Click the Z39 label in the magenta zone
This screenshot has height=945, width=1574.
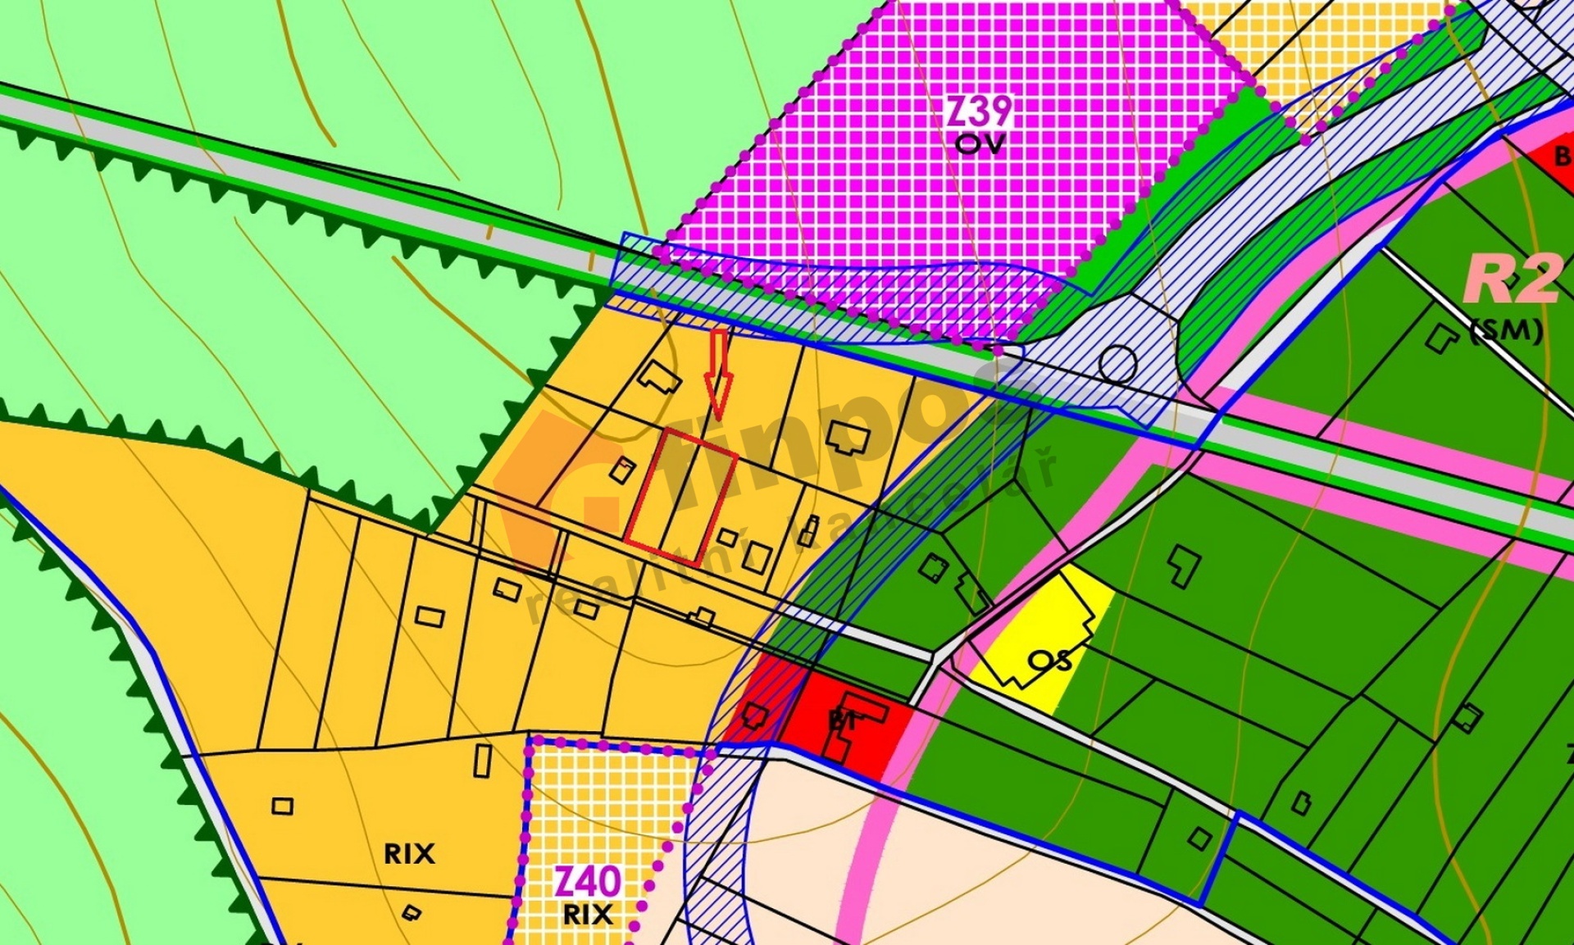coord(980,111)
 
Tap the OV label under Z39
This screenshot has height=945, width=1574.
coord(980,144)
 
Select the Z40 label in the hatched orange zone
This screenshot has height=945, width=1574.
coord(587,883)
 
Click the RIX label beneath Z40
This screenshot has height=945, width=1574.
coord(588,915)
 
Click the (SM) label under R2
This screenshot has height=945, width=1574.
coord(1507,330)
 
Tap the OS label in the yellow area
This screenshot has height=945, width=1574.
coord(1050,660)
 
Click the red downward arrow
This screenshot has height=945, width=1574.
coord(719,373)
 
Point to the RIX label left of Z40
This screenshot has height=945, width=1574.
coord(409,854)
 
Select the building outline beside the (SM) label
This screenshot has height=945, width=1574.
coord(1440,338)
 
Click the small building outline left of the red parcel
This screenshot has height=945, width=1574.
coord(622,470)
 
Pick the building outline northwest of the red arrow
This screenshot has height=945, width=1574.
coord(659,378)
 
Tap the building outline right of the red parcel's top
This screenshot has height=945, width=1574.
coord(848,438)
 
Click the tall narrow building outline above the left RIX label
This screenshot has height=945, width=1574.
coord(483,760)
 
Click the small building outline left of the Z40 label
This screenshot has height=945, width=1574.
coord(412,912)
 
